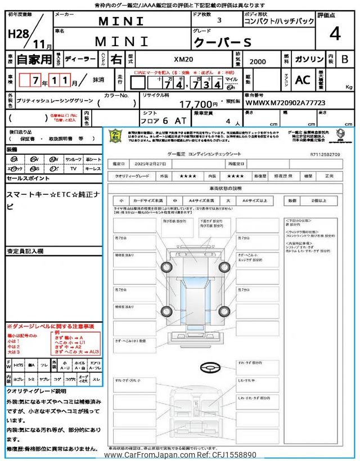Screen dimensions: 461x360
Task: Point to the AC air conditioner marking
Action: (x=303, y=80)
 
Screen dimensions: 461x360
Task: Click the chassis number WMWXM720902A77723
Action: (x=285, y=103)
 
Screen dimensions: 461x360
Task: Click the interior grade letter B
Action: (x=345, y=59)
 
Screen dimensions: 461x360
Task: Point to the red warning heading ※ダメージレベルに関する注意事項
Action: (x=51, y=326)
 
